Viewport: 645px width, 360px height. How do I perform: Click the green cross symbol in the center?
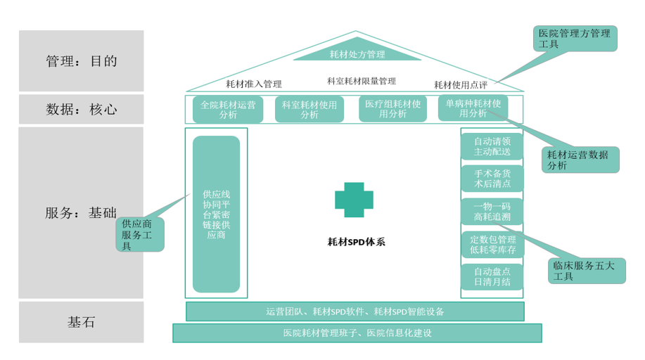click(354, 200)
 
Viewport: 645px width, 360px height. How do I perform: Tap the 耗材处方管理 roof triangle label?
click(357, 53)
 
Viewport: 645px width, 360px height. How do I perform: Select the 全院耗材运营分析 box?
click(228, 110)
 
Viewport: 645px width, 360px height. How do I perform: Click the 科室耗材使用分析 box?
click(309, 110)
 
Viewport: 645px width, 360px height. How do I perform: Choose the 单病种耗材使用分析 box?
click(473, 108)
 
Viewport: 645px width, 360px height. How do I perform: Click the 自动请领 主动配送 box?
click(492, 147)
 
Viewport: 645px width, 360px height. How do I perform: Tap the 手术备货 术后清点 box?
click(492, 179)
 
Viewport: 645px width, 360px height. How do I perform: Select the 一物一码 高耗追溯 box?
click(492, 211)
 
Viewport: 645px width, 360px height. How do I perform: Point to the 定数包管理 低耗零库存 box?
click(492, 244)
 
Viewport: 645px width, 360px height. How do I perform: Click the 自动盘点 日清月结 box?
click(492, 277)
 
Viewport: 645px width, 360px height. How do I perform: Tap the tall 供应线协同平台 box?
click(216, 214)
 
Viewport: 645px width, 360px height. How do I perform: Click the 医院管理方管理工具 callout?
click(574, 39)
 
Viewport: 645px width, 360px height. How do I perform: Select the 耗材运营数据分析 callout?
click(581, 160)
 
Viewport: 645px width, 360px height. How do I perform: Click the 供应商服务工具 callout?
click(140, 234)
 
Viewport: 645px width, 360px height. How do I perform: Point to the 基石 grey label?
click(81, 323)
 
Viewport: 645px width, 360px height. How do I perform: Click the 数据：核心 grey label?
click(81, 110)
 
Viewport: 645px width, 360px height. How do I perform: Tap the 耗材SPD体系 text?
click(356, 241)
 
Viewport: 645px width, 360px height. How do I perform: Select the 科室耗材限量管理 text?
click(361, 81)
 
